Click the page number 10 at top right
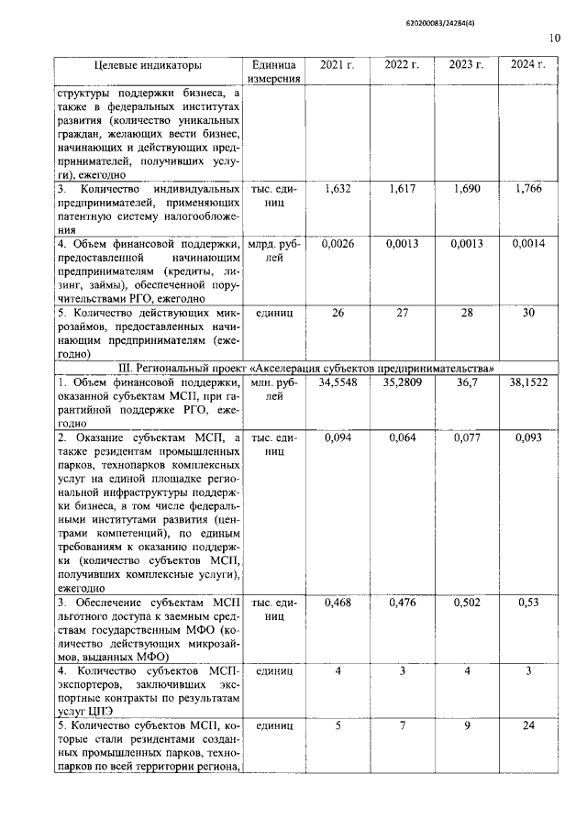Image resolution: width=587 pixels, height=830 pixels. [x=554, y=38]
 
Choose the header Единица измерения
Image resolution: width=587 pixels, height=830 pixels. [x=273, y=72]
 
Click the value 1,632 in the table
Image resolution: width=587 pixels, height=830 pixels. [x=337, y=189]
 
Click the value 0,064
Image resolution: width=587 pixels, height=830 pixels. [x=402, y=437]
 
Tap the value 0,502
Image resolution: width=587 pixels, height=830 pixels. [x=467, y=603]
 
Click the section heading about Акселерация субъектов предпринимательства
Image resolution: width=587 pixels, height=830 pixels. [x=306, y=368]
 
